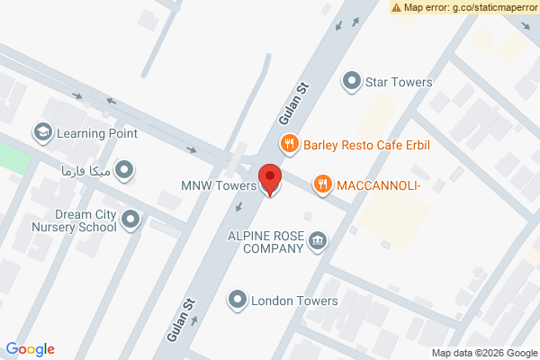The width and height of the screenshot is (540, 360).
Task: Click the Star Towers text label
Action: tap(399, 82)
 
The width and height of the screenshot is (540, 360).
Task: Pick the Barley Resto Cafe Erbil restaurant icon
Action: tap(289, 143)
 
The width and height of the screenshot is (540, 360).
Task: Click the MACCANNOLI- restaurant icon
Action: tap(322, 184)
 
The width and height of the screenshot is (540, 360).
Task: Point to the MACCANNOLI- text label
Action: tap(379, 184)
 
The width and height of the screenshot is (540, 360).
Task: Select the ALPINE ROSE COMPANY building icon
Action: tap(318, 240)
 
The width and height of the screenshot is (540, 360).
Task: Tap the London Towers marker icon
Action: tap(238, 301)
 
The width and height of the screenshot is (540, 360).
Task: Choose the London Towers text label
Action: tap(294, 301)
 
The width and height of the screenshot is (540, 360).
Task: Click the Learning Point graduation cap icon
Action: tap(42, 133)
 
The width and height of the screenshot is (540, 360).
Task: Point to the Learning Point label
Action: tap(97, 133)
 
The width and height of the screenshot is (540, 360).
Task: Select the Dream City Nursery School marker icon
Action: tap(131, 220)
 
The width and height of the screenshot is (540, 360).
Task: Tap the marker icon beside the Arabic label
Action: tap(125, 170)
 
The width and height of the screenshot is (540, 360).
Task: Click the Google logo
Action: tap(31, 349)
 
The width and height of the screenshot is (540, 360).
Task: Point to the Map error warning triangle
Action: tap(396, 7)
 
